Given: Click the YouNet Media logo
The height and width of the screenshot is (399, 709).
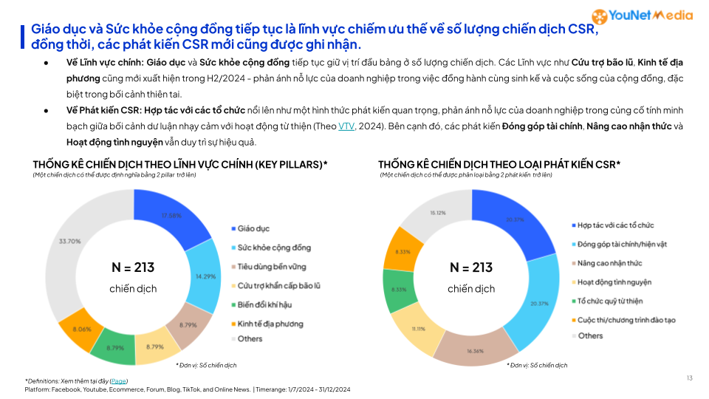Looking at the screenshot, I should point(643,16).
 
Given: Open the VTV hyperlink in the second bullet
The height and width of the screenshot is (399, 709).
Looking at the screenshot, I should point(346,126).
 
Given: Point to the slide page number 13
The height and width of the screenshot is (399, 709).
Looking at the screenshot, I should point(689,378).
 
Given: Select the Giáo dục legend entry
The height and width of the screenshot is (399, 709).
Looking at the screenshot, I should point(253,229).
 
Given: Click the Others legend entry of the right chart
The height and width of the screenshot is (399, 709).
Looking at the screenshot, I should point(589,336).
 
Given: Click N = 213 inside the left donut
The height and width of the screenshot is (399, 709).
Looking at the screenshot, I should point(133,267).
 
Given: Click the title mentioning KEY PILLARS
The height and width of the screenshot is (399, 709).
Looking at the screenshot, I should point(180,164).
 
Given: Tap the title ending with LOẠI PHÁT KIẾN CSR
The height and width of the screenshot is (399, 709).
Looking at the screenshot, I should point(499,164).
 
